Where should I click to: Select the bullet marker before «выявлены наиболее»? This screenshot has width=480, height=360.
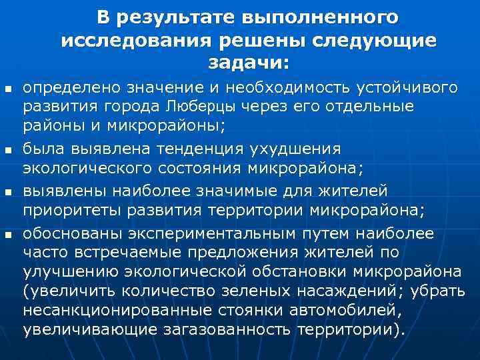(7, 192)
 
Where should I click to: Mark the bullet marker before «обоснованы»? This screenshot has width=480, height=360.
(7, 235)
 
